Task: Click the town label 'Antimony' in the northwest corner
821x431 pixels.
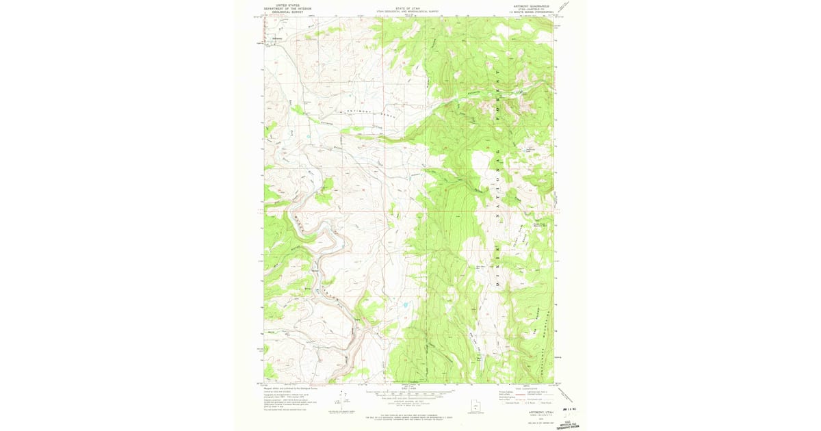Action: pyautogui.click(x=277, y=38)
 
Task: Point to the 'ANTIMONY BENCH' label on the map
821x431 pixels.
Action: pyautogui.click(x=363, y=112)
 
